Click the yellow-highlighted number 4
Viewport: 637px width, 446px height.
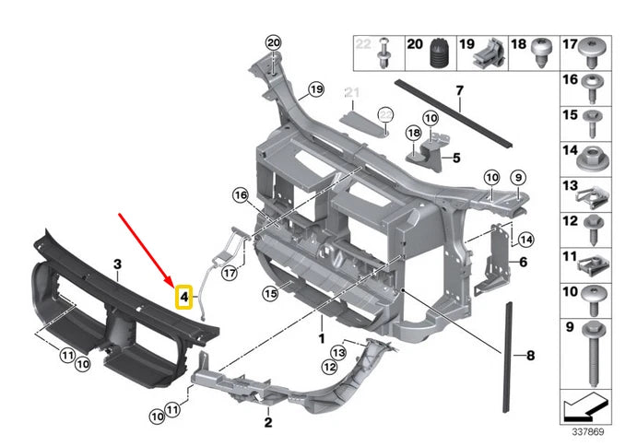[184, 296]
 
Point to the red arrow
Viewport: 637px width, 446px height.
[146, 248]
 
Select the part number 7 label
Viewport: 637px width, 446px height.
[458, 90]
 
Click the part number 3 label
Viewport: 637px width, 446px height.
[117, 264]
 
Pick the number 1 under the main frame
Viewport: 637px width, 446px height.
[322, 337]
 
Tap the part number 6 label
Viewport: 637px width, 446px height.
[522, 262]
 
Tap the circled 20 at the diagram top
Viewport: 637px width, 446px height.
[272, 43]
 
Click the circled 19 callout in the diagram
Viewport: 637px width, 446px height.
[316, 89]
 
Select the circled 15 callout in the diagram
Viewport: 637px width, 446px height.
[269, 294]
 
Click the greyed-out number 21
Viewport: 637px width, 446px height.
[350, 91]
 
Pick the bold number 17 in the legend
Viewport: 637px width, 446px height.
[570, 42]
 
